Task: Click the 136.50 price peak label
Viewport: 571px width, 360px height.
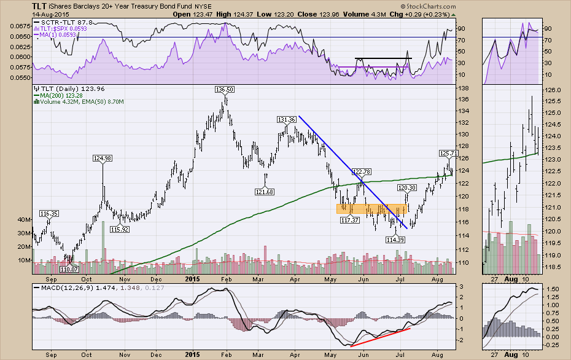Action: pos(225,90)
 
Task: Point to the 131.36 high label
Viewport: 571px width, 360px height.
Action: pos(287,120)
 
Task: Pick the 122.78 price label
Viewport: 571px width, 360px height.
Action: pos(361,171)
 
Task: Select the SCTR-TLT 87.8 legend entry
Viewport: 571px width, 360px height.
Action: pos(67,22)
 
